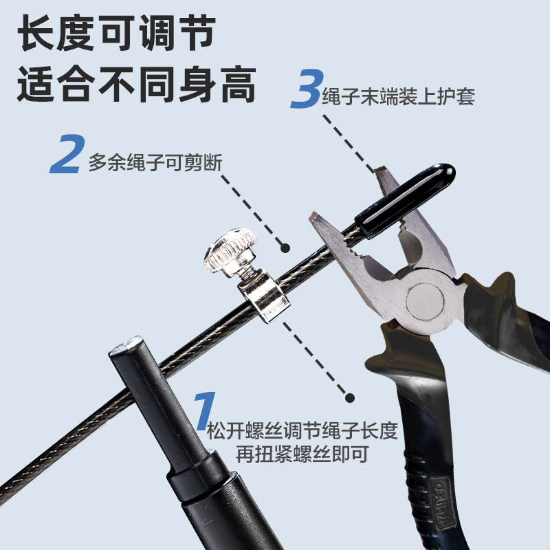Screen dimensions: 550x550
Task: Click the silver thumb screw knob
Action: (x=230, y=252)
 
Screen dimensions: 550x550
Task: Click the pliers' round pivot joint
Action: (x=424, y=299)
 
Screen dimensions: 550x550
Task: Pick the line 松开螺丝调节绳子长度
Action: (x=302, y=432)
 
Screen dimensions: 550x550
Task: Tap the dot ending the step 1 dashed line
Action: (x=350, y=398)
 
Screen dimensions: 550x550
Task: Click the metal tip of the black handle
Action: (x=126, y=345)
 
